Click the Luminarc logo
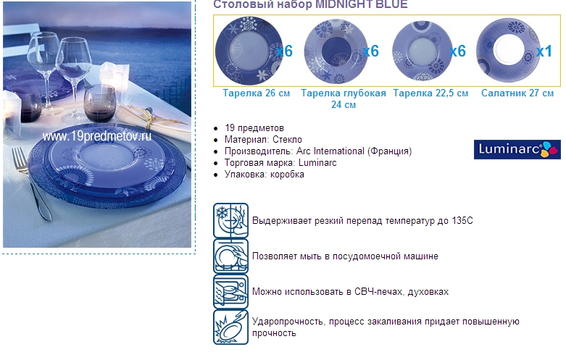point(517,149)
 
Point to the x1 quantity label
point(544,51)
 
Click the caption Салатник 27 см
point(517,93)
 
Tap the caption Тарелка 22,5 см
point(430,93)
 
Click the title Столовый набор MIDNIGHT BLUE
point(310,4)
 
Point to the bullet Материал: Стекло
point(264,140)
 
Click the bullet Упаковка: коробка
point(265,175)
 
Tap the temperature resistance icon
point(230,220)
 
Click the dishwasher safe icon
point(230,256)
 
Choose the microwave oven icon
point(230,292)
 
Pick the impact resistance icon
point(230,327)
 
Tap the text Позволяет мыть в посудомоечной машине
point(345,256)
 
